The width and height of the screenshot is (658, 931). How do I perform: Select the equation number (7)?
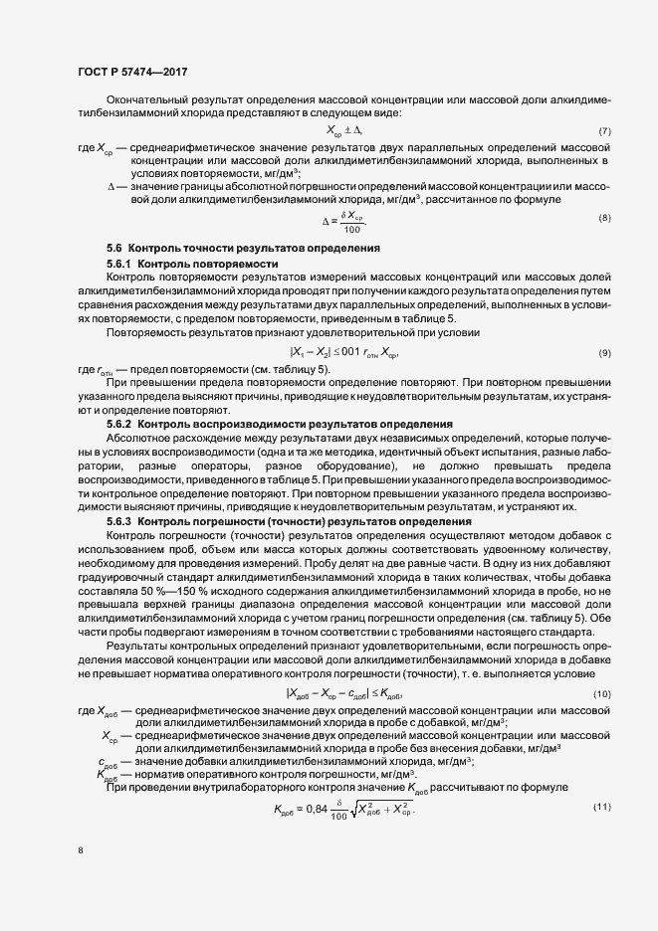(603, 131)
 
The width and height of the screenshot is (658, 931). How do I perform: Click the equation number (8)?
(603, 218)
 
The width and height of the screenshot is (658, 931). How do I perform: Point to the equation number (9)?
(603, 354)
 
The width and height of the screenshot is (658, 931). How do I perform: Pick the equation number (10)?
(601, 693)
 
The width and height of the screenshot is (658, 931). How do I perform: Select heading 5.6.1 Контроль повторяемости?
(191, 263)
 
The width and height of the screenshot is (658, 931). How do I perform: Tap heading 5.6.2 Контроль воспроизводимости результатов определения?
(279, 425)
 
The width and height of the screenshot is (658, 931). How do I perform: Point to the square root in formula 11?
(377, 781)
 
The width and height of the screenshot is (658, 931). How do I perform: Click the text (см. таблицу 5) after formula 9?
(299, 369)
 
